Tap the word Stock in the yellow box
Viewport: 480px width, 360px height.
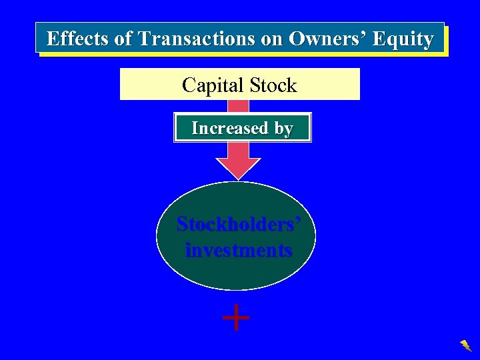coord(269,85)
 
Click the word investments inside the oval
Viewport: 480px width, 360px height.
coord(238,251)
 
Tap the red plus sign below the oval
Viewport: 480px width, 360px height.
coord(236,318)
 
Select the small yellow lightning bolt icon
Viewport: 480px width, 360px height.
coord(465,345)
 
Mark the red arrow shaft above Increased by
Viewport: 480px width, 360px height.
coord(239,107)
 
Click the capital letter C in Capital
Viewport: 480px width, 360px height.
coord(189,85)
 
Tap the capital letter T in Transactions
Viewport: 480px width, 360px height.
coord(145,39)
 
